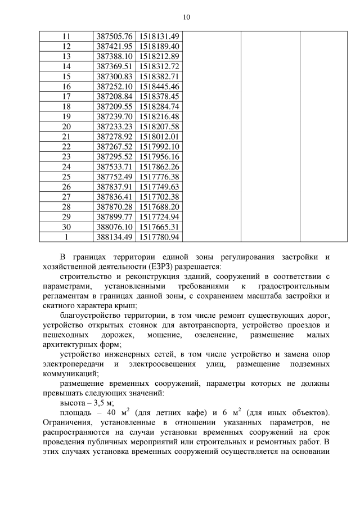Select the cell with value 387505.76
coord(114,37)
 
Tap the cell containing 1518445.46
coord(159,87)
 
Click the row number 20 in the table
coord(66,127)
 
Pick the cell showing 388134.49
coord(114,237)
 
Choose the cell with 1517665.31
coord(159,227)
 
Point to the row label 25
coord(66,177)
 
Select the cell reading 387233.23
coord(114,127)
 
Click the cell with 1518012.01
coord(159,137)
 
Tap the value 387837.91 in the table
coord(114,187)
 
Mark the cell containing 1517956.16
coord(159,157)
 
